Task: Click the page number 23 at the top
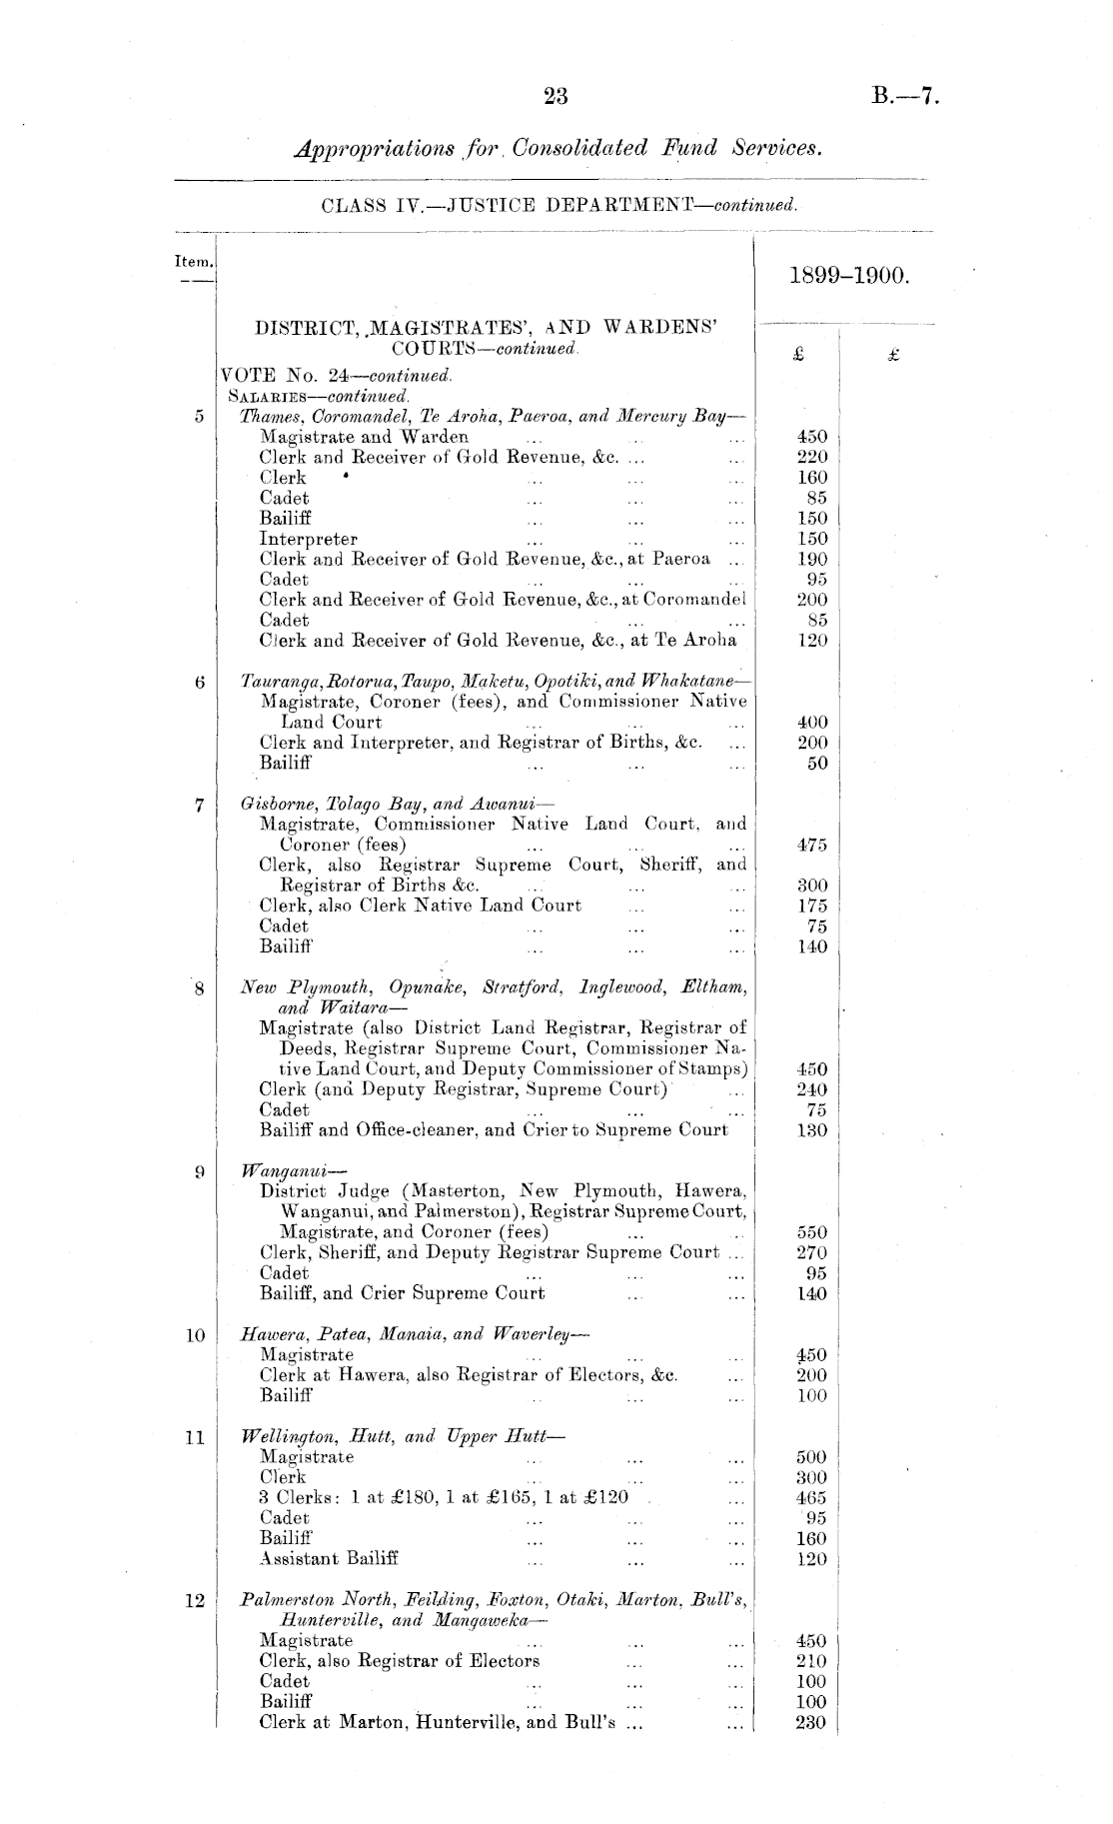click(x=556, y=97)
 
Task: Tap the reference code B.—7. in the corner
click(x=905, y=97)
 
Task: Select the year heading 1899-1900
click(x=849, y=275)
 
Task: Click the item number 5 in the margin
click(x=198, y=416)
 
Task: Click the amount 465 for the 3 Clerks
click(x=811, y=1497)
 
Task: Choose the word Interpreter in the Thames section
click(x=308, y=539)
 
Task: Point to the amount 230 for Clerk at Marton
click(x=811, y=1722)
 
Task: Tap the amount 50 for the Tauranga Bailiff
click(x=817, y=764)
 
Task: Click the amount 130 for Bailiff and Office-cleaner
click(x=811, y=1130)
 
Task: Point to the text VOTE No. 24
click(x=283, y=376)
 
